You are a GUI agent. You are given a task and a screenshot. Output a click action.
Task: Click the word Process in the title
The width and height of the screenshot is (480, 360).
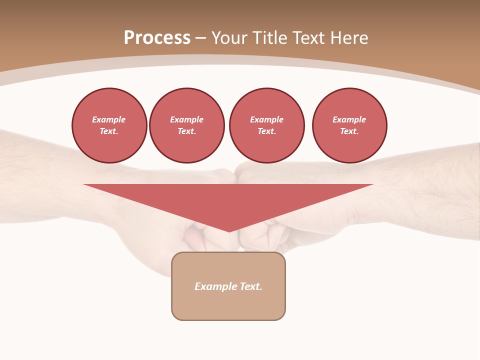(157, 38)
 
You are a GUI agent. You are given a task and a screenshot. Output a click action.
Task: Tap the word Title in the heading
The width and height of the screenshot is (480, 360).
(269, 38)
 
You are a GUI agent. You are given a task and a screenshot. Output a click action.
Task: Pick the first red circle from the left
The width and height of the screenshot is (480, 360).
(109, 125)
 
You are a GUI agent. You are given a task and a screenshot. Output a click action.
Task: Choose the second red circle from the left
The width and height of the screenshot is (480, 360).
(187, 125)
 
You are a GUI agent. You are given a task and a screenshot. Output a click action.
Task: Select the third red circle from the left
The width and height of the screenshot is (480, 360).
(267, 125)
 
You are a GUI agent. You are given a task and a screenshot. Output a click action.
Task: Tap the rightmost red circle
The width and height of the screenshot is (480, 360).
(349, 125)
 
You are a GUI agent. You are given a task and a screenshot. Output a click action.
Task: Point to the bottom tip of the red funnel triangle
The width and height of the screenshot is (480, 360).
(229, 230)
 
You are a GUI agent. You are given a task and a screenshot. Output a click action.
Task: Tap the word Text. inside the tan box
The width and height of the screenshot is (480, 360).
(250, 286)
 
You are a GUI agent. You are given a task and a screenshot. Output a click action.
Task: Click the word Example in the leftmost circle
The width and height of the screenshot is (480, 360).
(109, 119)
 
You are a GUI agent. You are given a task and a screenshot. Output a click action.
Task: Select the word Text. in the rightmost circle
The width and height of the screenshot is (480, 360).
(349, 131)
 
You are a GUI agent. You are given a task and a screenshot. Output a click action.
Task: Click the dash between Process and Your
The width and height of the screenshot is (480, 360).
(201, 38)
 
